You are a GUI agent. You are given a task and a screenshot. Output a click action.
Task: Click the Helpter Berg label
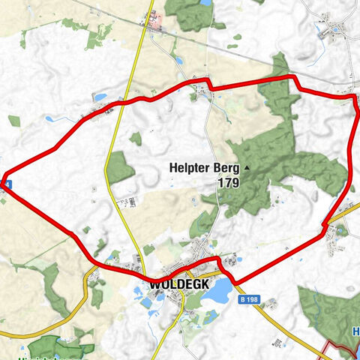click(197, 169)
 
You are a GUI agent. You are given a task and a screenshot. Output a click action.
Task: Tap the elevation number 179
click(229, 182)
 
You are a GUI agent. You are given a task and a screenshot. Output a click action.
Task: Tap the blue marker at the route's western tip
click(4, 181)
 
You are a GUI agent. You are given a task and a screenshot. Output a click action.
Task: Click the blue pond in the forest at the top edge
click(205, 3)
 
